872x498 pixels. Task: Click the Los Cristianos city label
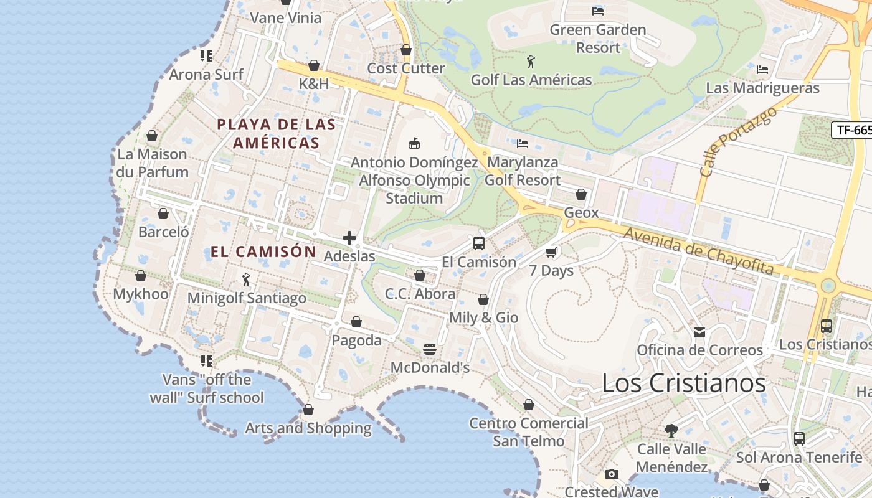pos(683,383)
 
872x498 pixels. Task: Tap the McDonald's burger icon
pos(430,349)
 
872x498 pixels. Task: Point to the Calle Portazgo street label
pos(738,141)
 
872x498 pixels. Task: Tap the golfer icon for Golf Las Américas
pos(531,62)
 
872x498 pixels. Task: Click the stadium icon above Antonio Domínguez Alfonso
pos(414,144)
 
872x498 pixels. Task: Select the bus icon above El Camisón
pos(478,243)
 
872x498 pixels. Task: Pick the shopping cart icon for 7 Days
pos(551,252)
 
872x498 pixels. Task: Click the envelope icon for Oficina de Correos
pos(699,332)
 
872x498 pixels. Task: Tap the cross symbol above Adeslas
pos(349,238)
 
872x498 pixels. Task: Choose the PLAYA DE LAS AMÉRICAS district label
pos(277,133)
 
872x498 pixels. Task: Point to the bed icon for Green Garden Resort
pos(598,11)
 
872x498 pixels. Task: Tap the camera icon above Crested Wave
pos(612,474)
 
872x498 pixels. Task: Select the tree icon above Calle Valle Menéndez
pos(671,430)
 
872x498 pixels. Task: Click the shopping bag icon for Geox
pos(581,194)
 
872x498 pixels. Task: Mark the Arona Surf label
pos(206,75)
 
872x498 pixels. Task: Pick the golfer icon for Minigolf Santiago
pos(246,280)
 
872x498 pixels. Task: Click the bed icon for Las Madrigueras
pos(762,70)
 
